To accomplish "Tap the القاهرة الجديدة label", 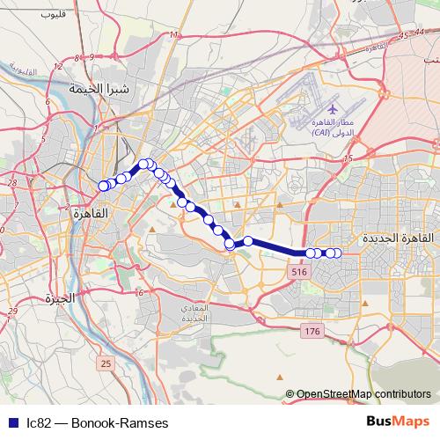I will pos(398,238).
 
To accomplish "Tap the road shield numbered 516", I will pos(298,275).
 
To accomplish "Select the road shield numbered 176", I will pos(312,331).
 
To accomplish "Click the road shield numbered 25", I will pos(106,363).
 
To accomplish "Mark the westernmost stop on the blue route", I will pos(103,186).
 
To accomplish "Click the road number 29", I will pos(12,312).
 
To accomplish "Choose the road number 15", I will pos(348,158).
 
